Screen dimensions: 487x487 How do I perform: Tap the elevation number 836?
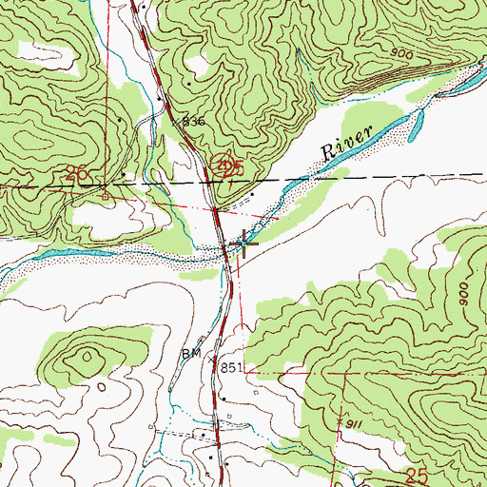click(x=194, y=122)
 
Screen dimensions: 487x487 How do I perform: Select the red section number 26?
click(x=77, y=173)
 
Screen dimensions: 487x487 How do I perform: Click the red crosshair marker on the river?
click(x=243, y=244)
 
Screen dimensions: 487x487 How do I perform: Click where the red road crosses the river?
click(x=225, y=251)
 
